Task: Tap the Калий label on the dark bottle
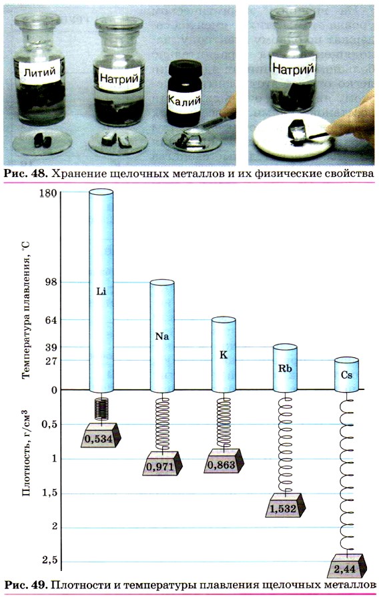pos(185,101)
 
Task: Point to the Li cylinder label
pos(101,292)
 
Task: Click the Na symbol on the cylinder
pos(162,337)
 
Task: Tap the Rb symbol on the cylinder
pos(285,369)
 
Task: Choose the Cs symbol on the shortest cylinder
pos(346,375)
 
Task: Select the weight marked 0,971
pos(163,463)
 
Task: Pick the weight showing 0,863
pos(224,461)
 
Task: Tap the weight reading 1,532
pos(285,505)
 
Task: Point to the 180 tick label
pos(48,192)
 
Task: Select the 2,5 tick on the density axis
pos(49,560)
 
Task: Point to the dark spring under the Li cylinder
pos(101,409)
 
